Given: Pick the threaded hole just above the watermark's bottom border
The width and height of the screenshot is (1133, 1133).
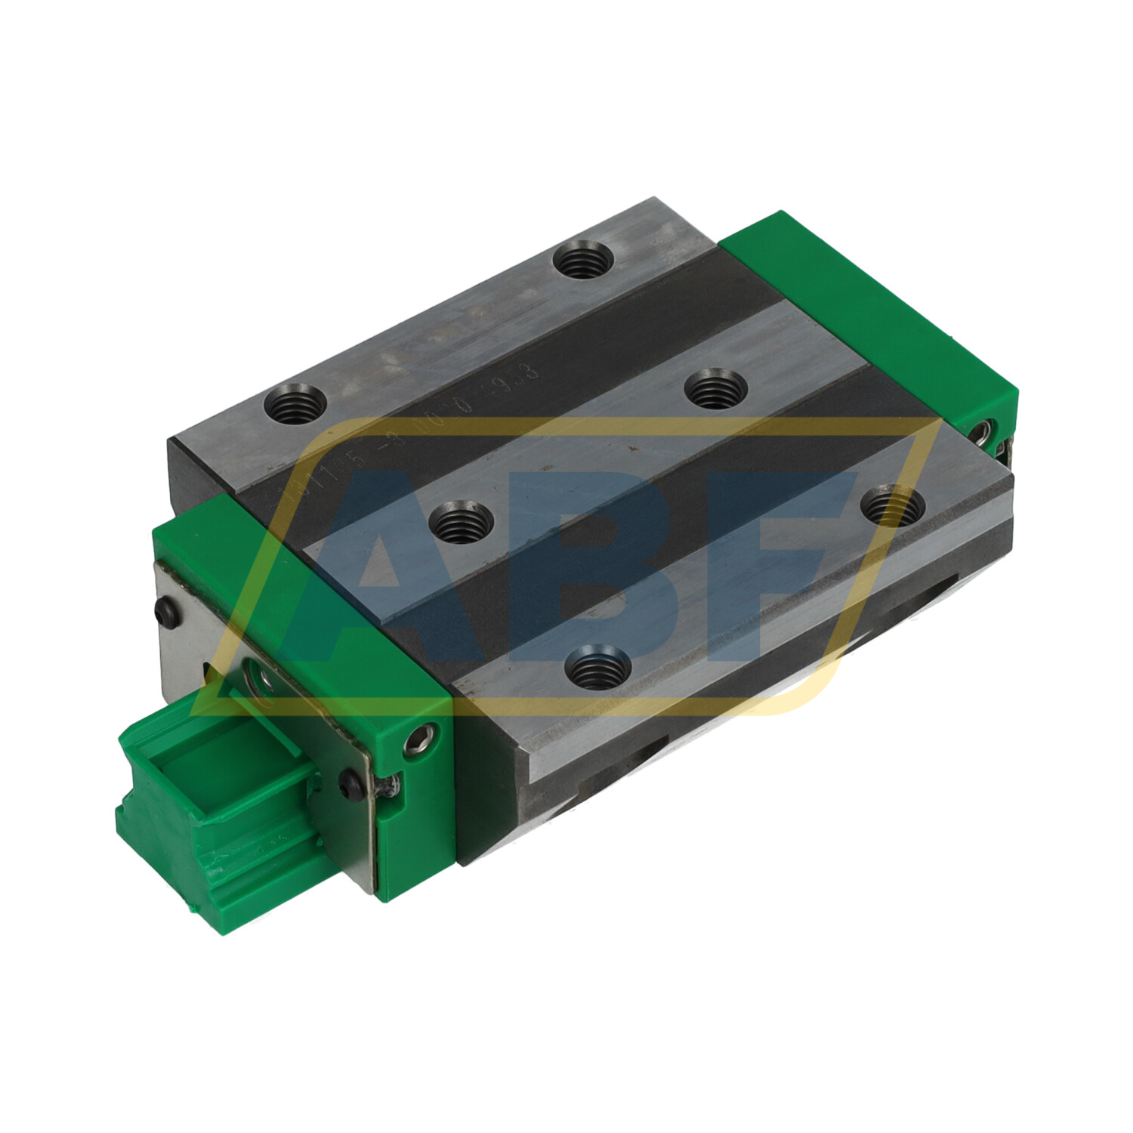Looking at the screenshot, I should click(x=599, y=666).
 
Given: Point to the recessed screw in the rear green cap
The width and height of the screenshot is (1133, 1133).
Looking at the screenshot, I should click(x=986, y=432).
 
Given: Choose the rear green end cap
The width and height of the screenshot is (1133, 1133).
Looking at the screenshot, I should click(x=869, y=317).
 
